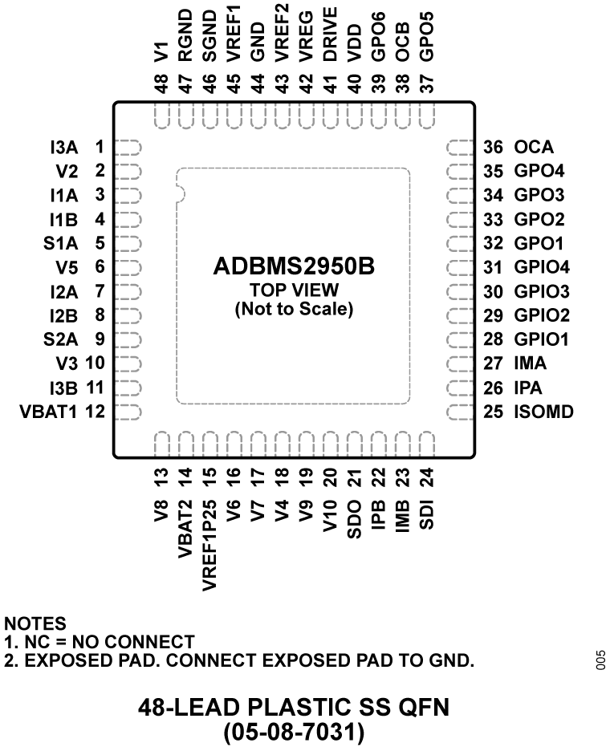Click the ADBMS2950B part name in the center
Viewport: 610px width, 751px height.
(x=294, y=266)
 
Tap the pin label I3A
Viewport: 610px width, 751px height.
(x=63, y=147)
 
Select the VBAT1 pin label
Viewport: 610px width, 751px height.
(x=47, y=412)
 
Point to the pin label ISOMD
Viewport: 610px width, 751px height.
(x=544, y=412)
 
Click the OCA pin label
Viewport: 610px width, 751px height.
(x=534, y=147)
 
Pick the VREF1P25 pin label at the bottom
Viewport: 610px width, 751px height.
(x=209, y=545)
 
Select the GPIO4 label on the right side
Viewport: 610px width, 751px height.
(x=541, y=267)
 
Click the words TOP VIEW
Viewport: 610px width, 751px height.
(x=294, y=290)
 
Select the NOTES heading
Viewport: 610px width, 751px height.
(x=35, y=623)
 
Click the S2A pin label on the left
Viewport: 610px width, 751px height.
(x=59, y=339)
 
